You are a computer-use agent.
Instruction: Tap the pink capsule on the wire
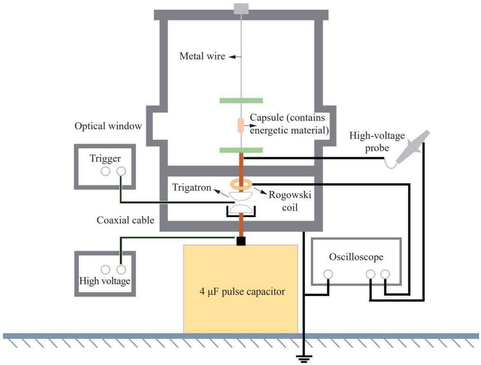tap(241, 126)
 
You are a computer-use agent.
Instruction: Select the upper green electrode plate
tap(241, 100)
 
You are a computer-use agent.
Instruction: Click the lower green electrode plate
tap(241, 150)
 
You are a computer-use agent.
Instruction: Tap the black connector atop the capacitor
tap(241, 241)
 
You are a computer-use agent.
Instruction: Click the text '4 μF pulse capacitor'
tap(242, 292)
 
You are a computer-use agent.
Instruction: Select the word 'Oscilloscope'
tap(356, 257)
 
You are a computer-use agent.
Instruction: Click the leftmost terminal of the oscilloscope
tap(328, 274)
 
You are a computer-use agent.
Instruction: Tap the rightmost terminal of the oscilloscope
tap(385, 274)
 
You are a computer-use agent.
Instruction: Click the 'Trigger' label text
tap(105, 159)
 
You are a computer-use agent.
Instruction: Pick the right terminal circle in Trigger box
tap(121, 171)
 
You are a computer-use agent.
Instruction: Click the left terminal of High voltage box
tap(105, 270)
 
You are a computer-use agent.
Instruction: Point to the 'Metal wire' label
tap(202, 56)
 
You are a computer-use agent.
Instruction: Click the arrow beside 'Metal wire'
tap(235, 57)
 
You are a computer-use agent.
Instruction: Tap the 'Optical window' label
tap(109, 126)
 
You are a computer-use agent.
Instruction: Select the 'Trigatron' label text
tap(192, 187)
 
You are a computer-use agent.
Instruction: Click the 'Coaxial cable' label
tap(126, 220)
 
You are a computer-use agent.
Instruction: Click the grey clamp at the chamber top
tap(241, 9)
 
